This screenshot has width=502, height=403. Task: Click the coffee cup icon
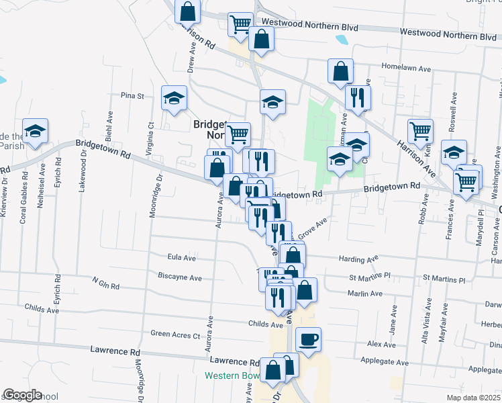pyautogui.click(x=309, y=339)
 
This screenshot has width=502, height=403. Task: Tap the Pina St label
pyautogui.click(x=132, y=96)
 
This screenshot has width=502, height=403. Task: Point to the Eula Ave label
pyautogui.click(x=181, y=257)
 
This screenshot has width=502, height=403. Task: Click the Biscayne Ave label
pyautogui.click(x=179, y=277)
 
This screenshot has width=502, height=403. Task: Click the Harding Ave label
pyautogui.click(x=360, y=259)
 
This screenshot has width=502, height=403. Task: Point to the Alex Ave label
pyautogui.click(x=381, y=345)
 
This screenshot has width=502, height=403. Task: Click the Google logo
pyautogui.click(x=22, y=395)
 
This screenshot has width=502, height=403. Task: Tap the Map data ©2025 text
pyautogui.click(x=472, y=398)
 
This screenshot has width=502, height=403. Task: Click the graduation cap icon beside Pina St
pyautogui.click(x=174, y=97)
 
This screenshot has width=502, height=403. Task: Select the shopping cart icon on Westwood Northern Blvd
pyautogui.click(x=240, y=24)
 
